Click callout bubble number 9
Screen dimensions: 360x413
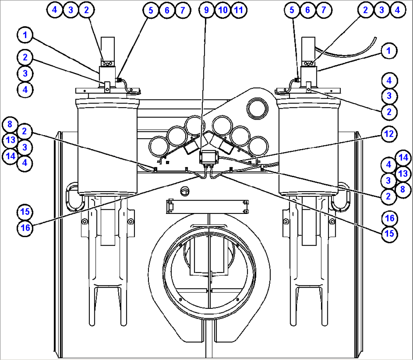click(207, 10)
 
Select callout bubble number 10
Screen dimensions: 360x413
click(223, 10)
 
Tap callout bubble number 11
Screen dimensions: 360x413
click(238, 10)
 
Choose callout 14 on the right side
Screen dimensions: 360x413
click(402, 157)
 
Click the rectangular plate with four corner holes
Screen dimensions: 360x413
click(208, 206)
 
